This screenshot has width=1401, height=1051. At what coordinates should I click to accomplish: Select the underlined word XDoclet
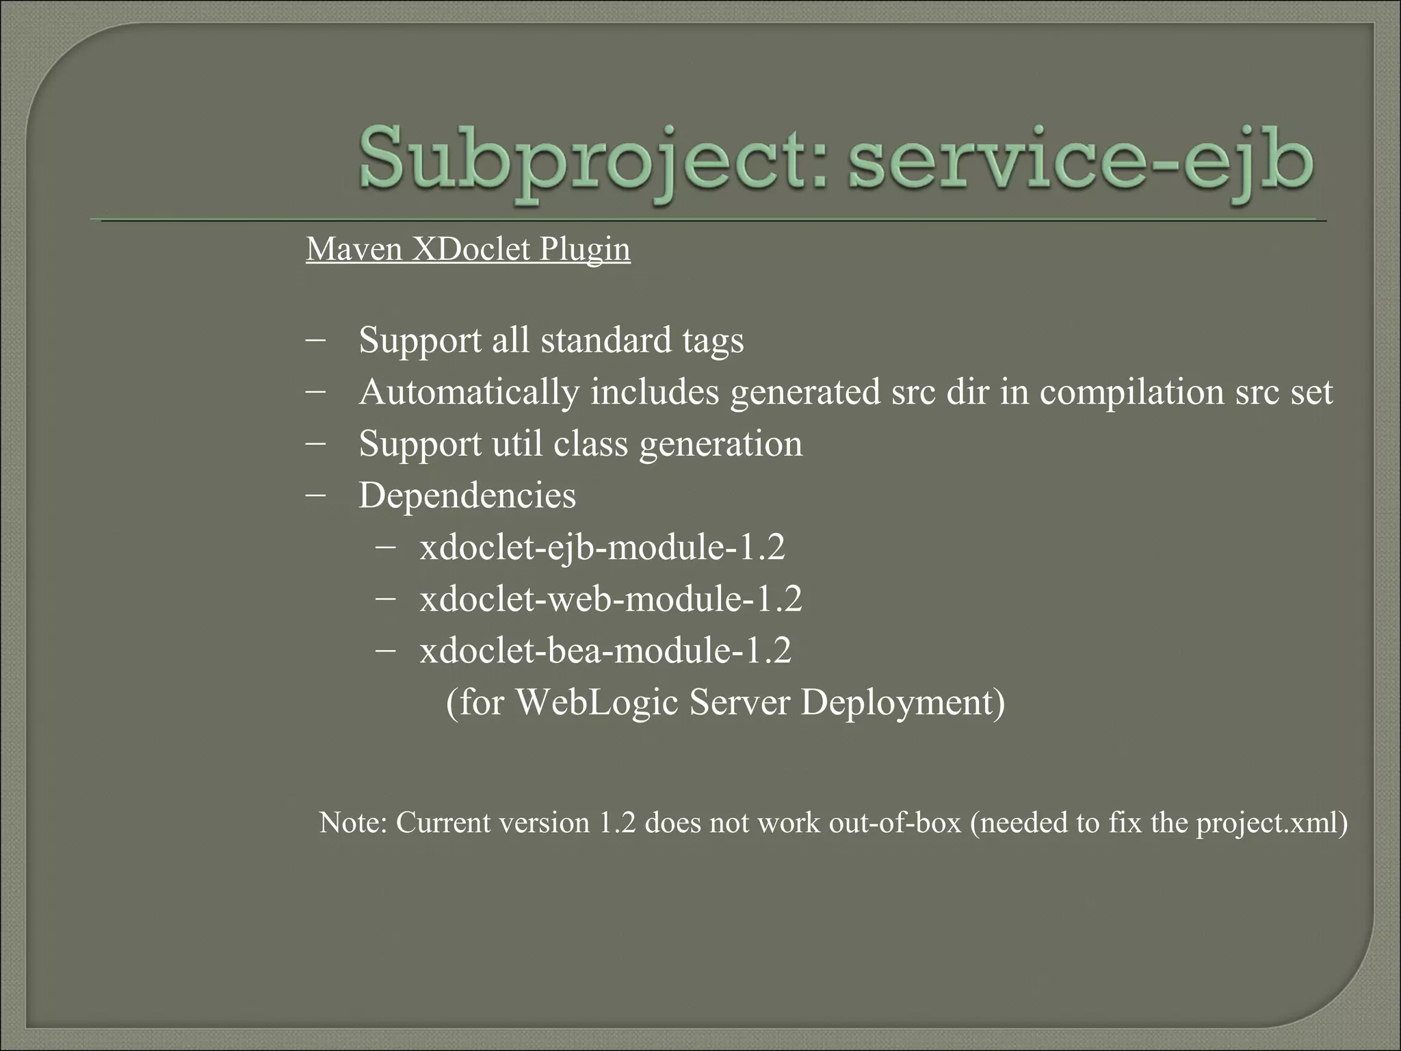471,249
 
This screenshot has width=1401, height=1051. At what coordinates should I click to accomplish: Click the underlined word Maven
354,249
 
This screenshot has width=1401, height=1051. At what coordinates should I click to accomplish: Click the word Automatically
469,393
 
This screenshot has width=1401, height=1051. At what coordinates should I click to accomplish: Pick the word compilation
1131,393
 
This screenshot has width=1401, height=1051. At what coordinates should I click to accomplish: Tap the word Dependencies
467,495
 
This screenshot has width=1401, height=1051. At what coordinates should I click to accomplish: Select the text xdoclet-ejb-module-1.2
602,547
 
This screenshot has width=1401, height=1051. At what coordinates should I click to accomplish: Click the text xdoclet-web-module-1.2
610,599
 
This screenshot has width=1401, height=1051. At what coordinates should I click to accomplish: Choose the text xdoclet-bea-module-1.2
605,650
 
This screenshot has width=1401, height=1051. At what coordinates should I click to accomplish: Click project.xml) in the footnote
1272,822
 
